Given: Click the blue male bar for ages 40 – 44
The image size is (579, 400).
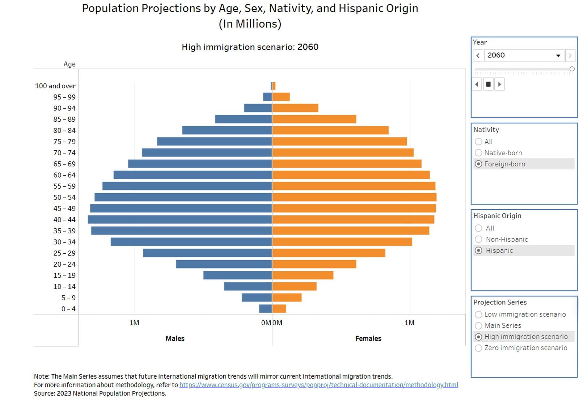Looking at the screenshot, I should (x=179, y=219).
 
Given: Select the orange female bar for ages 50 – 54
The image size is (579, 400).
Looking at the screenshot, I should (x=354, y=197).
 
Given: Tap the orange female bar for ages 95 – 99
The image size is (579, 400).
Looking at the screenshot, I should (x=281, y=97).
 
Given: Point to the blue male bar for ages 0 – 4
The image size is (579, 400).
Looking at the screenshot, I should (x=265, y=309).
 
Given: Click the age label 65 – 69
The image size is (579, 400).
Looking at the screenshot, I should (x=64, y=164).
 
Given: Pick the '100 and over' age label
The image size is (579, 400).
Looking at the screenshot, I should (x=55, y=86).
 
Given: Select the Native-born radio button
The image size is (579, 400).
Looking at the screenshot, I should (x=478, y=153).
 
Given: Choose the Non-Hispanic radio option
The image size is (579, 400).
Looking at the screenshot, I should (x=478, y=239).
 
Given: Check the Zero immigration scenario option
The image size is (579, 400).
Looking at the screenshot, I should (x=478, y=348).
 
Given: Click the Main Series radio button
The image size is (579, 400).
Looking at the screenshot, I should (x=478, y=325).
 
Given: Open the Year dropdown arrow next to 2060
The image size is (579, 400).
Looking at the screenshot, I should (x=558, y=55).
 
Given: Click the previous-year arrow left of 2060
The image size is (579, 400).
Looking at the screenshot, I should (x=478, y=55).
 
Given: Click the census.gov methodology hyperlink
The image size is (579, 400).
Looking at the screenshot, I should (x=318, y=385).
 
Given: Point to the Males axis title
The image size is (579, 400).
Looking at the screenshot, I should (x=175, y=338).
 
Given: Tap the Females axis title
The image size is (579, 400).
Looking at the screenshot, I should (x=368, y=338).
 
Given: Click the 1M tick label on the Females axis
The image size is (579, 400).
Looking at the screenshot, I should (x=409, y=323).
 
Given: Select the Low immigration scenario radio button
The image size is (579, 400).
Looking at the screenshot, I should (x=478, y=314).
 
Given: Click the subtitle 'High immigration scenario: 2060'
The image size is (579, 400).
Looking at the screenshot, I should (x=250, y=47).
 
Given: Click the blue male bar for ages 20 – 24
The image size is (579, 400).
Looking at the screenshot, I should (x=224, y=264).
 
